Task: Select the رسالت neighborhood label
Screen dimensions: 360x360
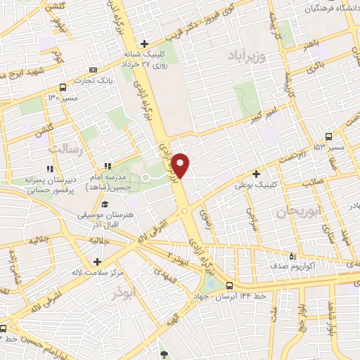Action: pyautogui.click(x=65, y=149)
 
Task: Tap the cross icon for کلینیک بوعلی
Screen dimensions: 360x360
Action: pyautogui.click(x=256, y=173)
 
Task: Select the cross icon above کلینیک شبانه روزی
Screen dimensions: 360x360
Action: pyautogui.click(x=143, y=44)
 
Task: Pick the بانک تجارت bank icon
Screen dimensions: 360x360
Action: pyautogui.click(x=94, y=70)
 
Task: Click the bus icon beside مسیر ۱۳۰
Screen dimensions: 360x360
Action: pyautogui.click(x=64, y=88)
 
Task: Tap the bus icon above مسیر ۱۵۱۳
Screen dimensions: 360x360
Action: pyautogui.click(x=329, y=136)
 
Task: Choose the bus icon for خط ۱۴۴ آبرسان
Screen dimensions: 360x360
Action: pyautogui.click(x=230, y=285)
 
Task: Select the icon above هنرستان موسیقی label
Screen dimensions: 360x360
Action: pyautogui.click(x=105, y=204)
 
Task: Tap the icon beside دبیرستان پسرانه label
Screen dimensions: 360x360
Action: pyautogui.click(x=49, y=169)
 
